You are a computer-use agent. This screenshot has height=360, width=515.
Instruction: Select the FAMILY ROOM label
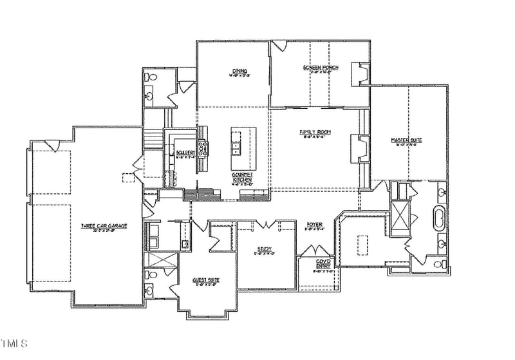coord(315,133)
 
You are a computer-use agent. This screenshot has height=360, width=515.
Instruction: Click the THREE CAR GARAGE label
coord(104,226)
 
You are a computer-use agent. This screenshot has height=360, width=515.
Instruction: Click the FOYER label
coord(315,225)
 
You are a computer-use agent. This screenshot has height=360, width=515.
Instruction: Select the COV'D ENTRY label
coord(323,264)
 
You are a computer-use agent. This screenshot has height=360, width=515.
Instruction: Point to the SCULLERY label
coord(185,153)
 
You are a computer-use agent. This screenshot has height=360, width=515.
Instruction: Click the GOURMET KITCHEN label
coord(243,177)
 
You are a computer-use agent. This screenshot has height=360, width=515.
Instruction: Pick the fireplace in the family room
coord(359,146)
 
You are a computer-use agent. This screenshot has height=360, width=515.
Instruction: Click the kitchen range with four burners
coord(203,149)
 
